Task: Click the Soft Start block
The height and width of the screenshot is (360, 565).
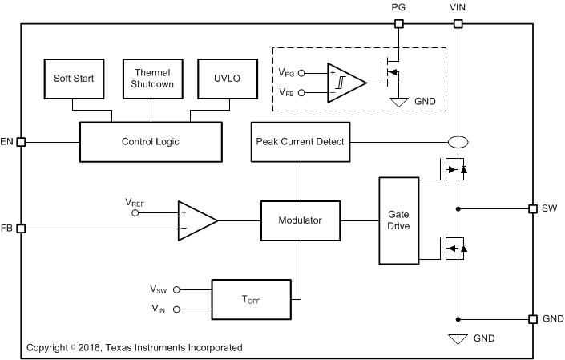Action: coord(73,79)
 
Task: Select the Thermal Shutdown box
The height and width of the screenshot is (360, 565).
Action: coord(152,79)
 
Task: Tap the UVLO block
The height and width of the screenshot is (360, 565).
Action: coord(221,79)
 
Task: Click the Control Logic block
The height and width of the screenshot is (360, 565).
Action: coord(150,142)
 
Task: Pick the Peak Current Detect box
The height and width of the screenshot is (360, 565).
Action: coord(301,142)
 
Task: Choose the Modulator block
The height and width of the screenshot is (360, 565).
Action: coord(301,220)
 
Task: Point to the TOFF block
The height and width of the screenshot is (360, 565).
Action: coord(251,298)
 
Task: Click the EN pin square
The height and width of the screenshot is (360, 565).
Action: coord(22,142)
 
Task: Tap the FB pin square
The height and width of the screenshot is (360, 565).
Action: coord(22,229)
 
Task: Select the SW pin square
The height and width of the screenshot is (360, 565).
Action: coord(532,208)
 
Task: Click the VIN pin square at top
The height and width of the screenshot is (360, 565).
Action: coord(458,23)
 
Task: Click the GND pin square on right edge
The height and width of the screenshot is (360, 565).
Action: coord(532,318)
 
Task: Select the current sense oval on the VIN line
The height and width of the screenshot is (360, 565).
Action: coord(458,142)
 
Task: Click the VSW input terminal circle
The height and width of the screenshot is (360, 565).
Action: coord(178,289)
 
